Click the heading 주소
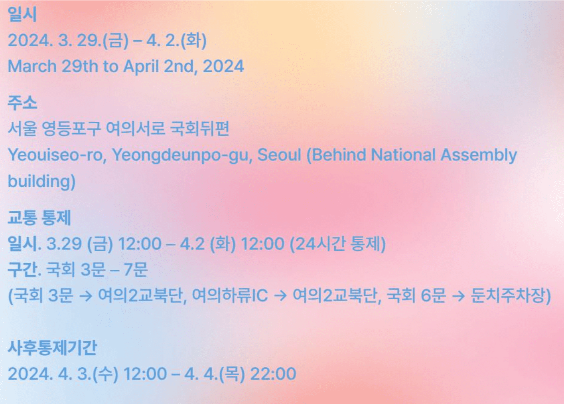click(x=22, y=103)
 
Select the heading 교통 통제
click(x=39, y=218)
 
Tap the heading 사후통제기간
click(x=52, y=348)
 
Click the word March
click(x=32, y=66)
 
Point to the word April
click(x=141, y=66)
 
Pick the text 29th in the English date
click(x=80, y=66)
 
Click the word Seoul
click(x=279, y=155)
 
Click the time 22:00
click(x=273, y=374)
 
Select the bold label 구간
click(x=23, y=270)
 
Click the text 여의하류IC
click(x=230, y=296)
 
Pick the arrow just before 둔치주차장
click(x=458, y=296)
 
